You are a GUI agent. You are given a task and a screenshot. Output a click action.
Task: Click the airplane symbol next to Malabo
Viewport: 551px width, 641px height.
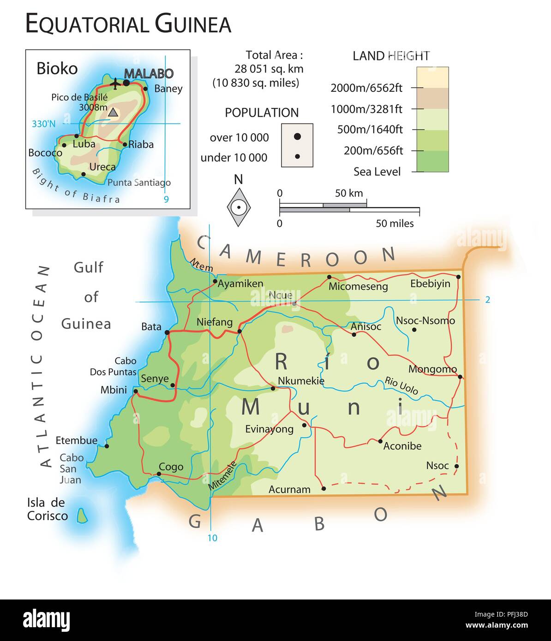point(115,83)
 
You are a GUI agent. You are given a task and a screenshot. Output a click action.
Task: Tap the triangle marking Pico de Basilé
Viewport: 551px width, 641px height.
point(113,112)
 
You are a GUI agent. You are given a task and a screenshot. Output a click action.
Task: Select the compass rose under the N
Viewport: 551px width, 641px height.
point(239,207)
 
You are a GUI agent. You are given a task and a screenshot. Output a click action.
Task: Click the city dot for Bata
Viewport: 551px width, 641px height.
point(167,332)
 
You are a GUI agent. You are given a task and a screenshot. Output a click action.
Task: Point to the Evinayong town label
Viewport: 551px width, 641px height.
point(269,429)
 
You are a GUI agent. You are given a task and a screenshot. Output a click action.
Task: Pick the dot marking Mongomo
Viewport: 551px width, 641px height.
point(460,377)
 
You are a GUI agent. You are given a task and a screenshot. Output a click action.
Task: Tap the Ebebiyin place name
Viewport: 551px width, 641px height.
point(430,284)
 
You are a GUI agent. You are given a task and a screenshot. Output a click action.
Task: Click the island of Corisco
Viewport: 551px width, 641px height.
point(83,515)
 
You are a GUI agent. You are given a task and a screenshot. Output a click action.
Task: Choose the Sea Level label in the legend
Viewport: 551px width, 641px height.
point(377,172)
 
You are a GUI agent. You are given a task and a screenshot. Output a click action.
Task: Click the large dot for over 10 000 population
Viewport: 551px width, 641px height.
point(298,136)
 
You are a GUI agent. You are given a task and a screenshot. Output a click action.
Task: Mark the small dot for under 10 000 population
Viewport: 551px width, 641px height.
point(298,157)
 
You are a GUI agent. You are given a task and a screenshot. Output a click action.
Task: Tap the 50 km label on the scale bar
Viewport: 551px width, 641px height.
point(349,193)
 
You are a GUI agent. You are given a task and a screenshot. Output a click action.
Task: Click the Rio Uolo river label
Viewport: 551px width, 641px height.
point(401,386)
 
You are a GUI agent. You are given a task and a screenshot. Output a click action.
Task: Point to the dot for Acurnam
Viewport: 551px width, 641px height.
point(323,488)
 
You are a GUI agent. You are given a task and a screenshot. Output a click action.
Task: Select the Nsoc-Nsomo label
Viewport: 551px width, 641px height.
point(425,320)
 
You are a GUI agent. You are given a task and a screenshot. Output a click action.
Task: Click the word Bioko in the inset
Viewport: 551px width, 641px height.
point(57,69)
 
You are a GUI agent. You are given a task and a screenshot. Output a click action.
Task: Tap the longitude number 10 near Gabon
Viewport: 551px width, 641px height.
point(212,538)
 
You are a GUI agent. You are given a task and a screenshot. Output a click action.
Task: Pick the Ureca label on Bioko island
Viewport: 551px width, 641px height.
point(102,167)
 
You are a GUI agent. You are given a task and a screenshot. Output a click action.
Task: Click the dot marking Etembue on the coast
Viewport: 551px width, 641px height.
point(107,446)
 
